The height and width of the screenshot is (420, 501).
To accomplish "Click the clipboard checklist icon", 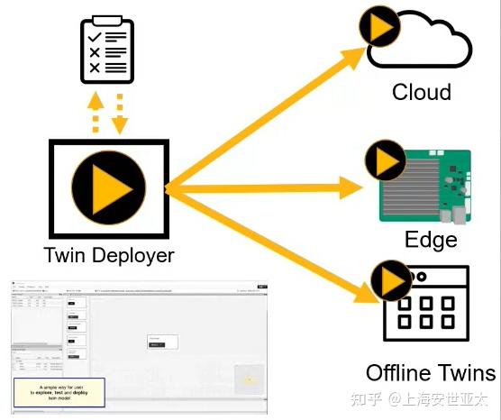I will pos(107,50).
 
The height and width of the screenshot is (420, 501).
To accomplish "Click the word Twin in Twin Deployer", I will pos(64,256).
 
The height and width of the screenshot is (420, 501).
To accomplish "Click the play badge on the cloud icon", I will pos(380,30).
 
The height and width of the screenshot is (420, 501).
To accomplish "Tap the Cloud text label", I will pos(421,92).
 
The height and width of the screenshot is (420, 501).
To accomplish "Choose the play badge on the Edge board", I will pos(387,162).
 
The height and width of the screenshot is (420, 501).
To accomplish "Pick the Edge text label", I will pos(431,239).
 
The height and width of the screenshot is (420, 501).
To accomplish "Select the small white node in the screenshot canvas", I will pos(162,342).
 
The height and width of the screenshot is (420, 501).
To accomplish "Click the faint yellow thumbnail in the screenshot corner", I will pos(249,379).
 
